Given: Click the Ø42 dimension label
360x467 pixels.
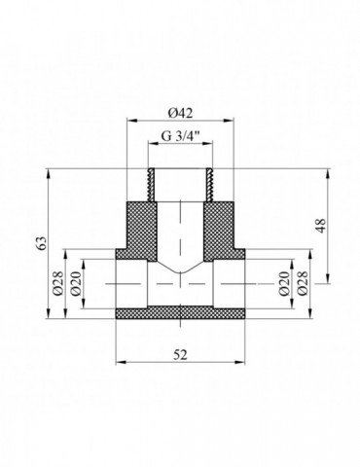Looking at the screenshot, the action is point(180,113).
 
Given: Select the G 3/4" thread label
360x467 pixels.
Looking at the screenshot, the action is point(181,135).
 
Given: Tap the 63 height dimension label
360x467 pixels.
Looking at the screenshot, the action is point(43,243).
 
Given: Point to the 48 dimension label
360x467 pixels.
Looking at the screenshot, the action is point(321,226).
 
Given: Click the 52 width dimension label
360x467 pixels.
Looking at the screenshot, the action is point(180,354).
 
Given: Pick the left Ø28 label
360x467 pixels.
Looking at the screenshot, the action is point(58,284).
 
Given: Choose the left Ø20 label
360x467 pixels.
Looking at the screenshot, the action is point(76,284).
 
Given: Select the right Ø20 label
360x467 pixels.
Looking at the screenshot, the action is point(284,284).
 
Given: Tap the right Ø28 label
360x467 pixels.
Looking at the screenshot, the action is point(303,284).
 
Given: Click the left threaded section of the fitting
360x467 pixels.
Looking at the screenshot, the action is point(151,185).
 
